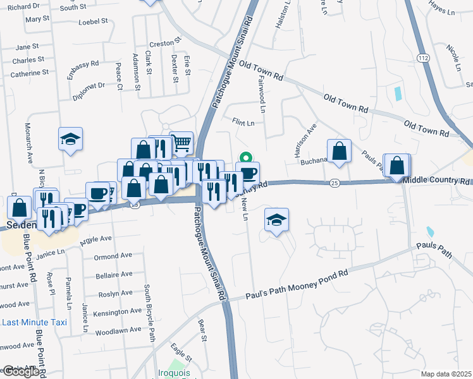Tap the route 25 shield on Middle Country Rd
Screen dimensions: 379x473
(335, 183)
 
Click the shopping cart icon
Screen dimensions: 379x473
(181, 142)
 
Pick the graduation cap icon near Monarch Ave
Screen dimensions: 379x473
(71, 139)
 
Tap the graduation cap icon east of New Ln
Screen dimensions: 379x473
(276, 220)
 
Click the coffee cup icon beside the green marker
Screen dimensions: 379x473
(248, 173)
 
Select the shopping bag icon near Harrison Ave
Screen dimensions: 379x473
(340, 151)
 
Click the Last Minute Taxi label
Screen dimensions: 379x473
(34, 322)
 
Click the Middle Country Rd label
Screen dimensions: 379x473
(438, 180)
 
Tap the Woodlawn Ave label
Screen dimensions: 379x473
(118, 330)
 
